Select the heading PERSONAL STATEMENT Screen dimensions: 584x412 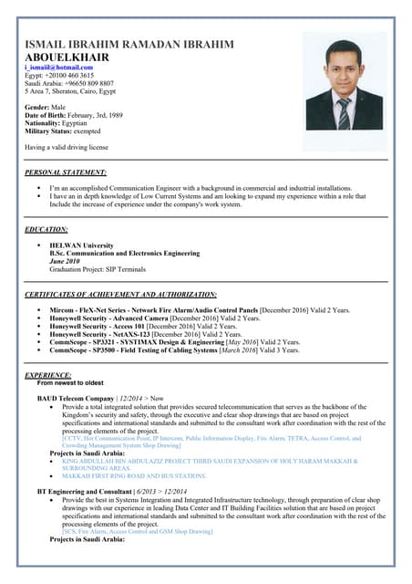click(x=66, y=172)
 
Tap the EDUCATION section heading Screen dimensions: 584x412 click(x=46, y=229)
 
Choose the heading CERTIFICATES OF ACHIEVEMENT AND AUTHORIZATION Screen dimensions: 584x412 click(x=120, y=295)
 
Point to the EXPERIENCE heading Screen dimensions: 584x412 click(x=48, y=375)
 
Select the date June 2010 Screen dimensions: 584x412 click(x=67, y=260)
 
